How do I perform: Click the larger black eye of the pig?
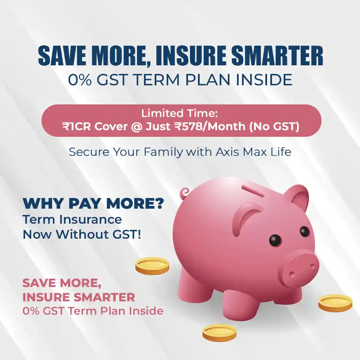(x=275, y=240)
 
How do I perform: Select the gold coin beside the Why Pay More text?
(x=152, y=266)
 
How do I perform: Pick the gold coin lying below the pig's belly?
(x=219, y=332)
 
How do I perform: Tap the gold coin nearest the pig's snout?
(x=335, y=303)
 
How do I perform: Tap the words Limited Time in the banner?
(x=179, y=113)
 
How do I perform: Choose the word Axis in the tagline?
(x=228, y=152)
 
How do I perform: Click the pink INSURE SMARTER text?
(x=79, y=297)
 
